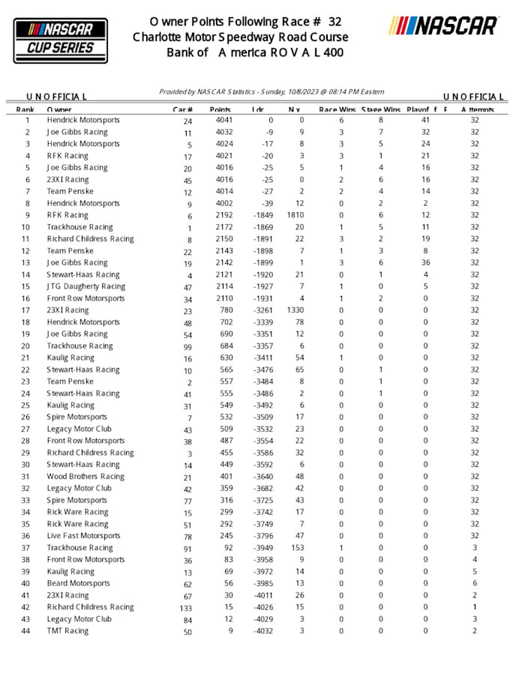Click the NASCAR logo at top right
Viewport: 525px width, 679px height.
(x=443, y=26)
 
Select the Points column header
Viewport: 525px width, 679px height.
(x=220, y=109)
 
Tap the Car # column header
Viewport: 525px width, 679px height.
(x=184, y=109)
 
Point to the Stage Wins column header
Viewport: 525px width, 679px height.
(x=382, y=109)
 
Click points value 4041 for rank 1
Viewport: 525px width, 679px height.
(x=223, y=120)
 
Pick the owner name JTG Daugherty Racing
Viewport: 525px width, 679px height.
(x=85, y=286)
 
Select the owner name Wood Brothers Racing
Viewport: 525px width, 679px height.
(x=85, y=477)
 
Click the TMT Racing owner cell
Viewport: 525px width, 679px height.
(x=67, y=631)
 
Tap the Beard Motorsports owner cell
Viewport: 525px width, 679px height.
(x=78, y=583)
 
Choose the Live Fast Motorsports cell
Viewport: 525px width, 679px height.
(x=83, y=536)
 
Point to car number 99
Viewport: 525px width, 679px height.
(x=187, y=347)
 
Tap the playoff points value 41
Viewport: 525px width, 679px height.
(x=425, y=120)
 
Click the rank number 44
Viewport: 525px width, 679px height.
(x=27, y=631)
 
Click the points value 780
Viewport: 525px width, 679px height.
(x=226, y=310)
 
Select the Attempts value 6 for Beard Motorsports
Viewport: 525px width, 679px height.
(x=474, y=583)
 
